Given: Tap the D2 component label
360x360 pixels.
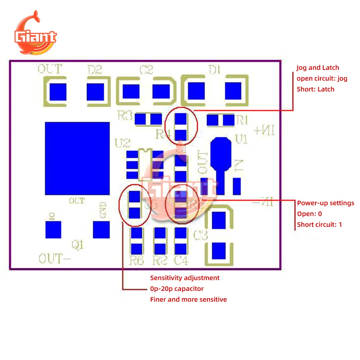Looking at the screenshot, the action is point(95,69).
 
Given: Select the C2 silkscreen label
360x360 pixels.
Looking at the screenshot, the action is point(146,69).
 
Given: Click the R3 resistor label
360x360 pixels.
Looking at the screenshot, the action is point(125,116).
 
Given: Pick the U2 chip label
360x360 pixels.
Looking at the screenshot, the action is point(122,144).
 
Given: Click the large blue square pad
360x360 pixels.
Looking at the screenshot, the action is point(77,158).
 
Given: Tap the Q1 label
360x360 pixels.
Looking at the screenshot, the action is point(78,245).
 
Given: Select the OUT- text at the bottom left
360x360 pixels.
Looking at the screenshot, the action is point(50,258).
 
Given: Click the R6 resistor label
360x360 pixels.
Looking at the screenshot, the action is point(136,260).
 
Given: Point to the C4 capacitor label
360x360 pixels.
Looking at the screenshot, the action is point(181,260).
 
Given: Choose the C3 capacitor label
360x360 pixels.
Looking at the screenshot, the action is point(201,236).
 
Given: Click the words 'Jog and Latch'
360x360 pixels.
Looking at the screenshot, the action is point(318,68).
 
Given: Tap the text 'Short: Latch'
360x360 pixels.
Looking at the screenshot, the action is point(315,89).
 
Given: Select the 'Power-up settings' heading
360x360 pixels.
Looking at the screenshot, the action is point(325,203).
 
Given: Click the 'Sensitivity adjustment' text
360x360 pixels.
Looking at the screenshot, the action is point(185,278).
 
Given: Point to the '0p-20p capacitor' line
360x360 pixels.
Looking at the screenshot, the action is point(177,289).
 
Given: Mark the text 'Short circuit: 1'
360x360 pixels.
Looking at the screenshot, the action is point(319,225).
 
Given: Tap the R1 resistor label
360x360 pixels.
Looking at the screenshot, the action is point(242,120).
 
